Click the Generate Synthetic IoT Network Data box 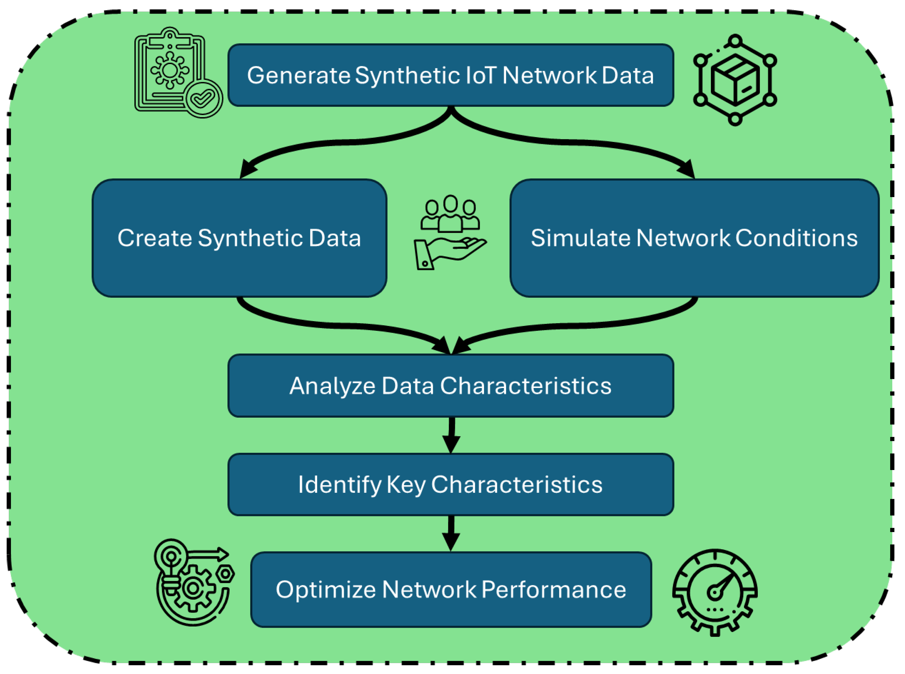450,75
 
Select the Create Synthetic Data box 239,238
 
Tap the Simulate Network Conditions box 694,238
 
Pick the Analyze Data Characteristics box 450,386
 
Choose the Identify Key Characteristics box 450,484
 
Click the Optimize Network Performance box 450,590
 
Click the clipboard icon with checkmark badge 176,73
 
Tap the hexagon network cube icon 734,80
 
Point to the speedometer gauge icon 714,592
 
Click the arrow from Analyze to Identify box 451,435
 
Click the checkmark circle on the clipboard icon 203,98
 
